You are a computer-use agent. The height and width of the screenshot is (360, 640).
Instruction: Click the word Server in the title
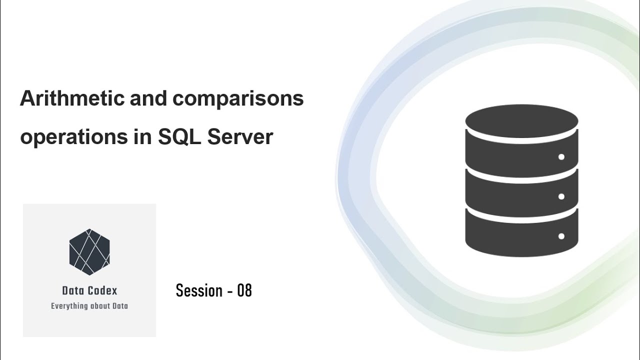click(x=240, y=137)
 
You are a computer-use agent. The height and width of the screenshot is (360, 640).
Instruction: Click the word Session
click(x=199, y=290)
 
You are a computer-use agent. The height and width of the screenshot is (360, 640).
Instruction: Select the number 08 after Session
click(x=244, y=290)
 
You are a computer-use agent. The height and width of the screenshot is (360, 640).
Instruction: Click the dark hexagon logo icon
click(x=89, y=252)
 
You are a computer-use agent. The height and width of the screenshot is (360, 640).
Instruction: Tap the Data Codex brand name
click(x=89, y=290)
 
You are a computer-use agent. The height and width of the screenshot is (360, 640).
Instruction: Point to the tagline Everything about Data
click(x=89, y=306)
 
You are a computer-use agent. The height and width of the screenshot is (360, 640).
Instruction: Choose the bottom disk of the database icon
click(x=521, y=232)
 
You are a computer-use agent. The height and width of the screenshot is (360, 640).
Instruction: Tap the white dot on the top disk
click(x=561, y=157)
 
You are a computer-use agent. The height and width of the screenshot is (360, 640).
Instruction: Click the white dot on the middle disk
click(x=561, y=196)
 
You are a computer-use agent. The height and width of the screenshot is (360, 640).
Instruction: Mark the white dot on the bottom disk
click(x=561, y=236)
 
